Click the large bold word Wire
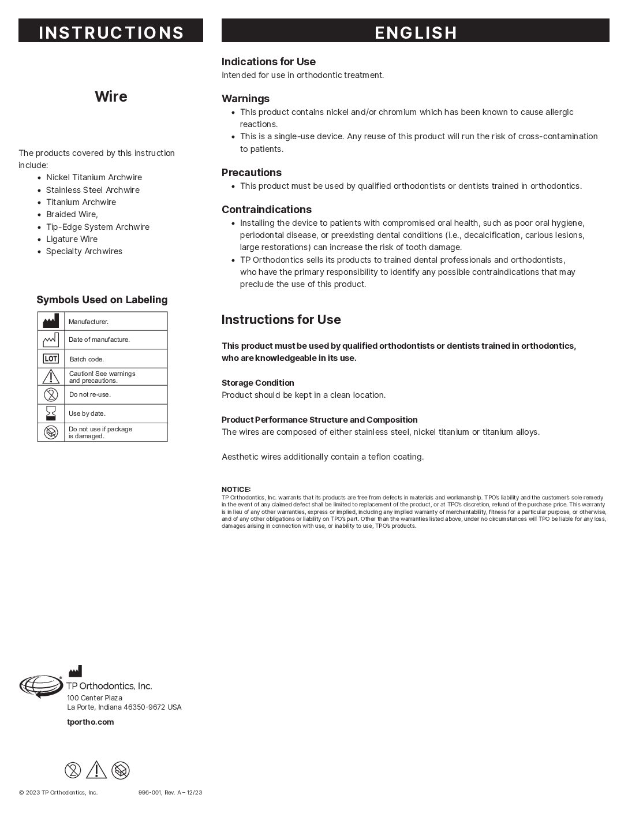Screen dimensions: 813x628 pos(111,96)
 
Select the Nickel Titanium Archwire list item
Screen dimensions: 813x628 pos(94,177)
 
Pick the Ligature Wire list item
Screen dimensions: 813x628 pos(72,239)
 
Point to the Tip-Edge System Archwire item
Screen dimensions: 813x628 pos(98,227)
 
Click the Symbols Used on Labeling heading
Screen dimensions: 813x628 pos(102,300)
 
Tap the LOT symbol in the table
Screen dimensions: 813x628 pos(51,359)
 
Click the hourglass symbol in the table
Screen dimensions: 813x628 pos(51,413)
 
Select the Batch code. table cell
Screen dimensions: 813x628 pos(87,359)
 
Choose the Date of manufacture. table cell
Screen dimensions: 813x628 pos(99,340)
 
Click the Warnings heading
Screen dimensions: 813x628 pos(245,99)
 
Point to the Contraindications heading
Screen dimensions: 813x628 pos(266,210)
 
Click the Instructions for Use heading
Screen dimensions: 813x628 pos(281,320)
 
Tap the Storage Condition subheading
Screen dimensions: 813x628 pos(257,383)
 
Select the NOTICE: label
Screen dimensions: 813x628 pos(235,489)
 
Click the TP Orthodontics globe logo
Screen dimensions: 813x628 pos(40,686)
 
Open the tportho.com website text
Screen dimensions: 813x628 pos(90,722)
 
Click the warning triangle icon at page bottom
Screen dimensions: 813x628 pos(96,770)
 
